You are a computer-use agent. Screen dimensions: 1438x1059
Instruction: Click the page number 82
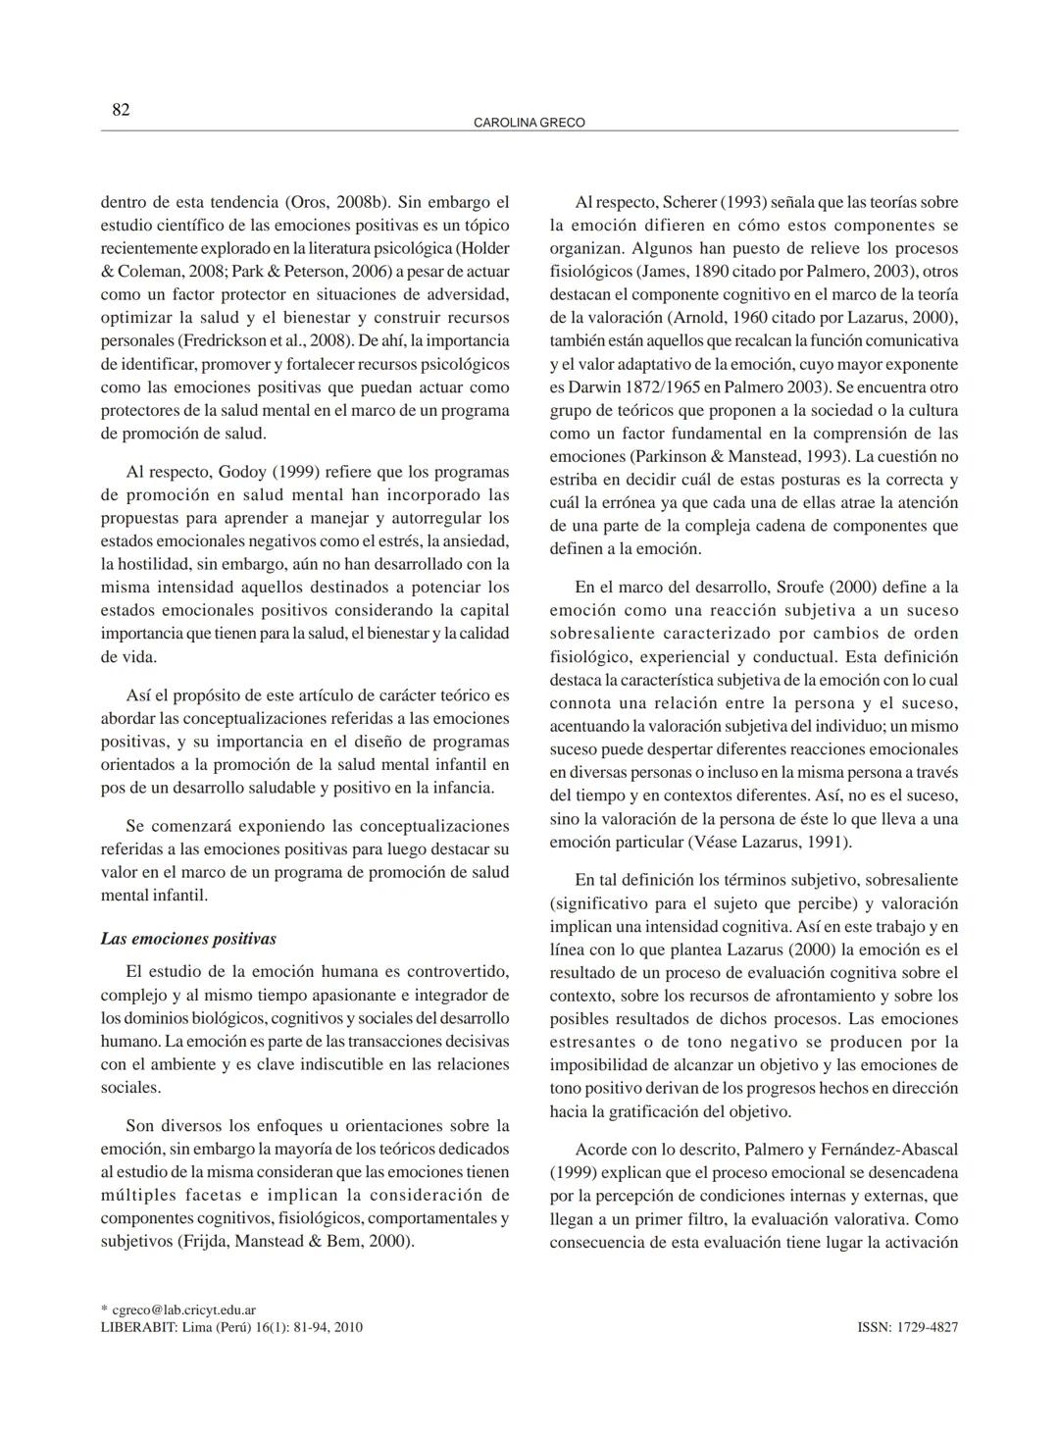point(121,109)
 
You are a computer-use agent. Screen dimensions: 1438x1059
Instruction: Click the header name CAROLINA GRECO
point(529,123)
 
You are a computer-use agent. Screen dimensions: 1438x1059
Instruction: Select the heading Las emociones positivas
point(188,939)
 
